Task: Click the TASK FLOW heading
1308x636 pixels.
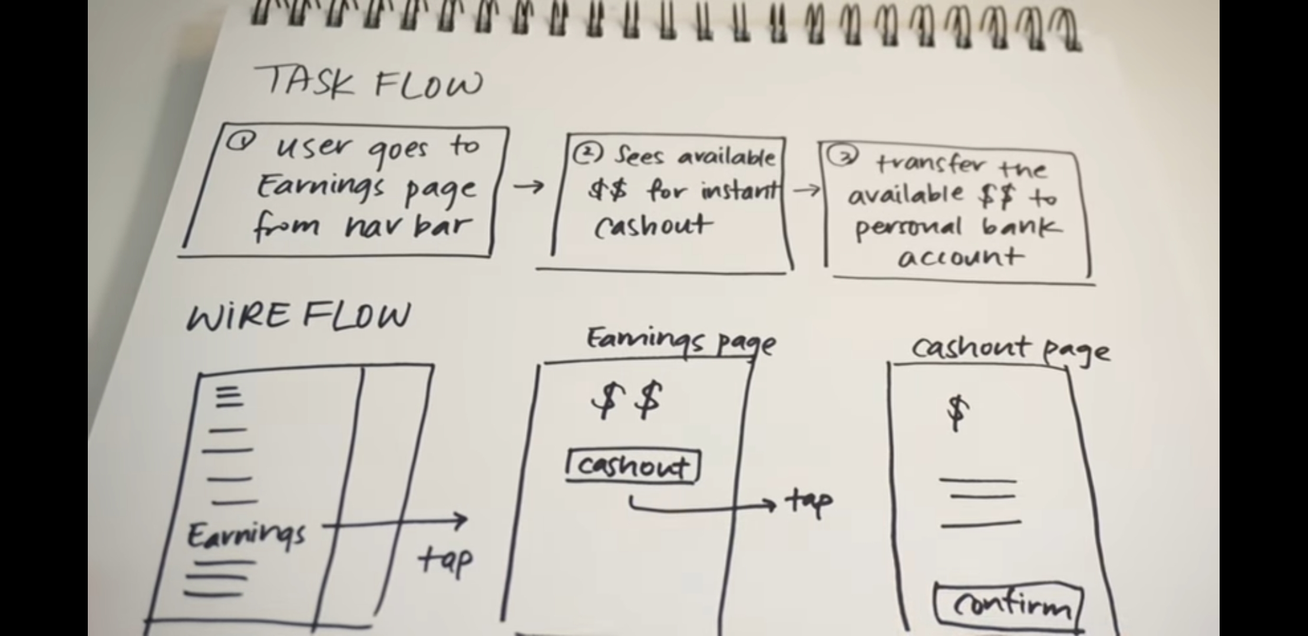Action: point(369,83)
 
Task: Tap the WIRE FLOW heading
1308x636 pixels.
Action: point(298,317)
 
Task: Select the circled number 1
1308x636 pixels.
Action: point(242,141)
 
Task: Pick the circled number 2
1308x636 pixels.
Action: point(588,154)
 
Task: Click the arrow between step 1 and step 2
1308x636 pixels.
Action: point(529,187)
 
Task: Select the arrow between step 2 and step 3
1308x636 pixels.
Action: point(807,190)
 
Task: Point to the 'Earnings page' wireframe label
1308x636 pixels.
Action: point(681,341)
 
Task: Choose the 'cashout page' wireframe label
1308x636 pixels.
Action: point(1010,349)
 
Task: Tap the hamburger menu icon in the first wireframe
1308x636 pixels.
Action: point(229,396)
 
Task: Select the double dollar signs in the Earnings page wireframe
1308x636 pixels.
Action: point(627,400)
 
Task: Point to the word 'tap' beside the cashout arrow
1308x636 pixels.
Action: point(808,502)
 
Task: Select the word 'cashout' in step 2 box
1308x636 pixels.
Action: point(653,226)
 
